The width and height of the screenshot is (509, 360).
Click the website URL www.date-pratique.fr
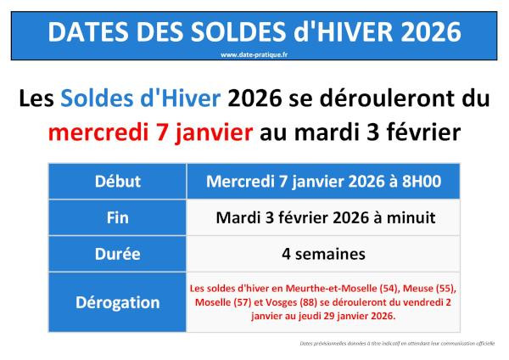pos(255,53)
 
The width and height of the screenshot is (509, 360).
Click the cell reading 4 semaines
pos(324,253)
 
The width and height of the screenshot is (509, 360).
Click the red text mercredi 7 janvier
pos(151,132)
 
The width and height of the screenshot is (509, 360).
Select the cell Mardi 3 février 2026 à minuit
pos(324,217)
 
